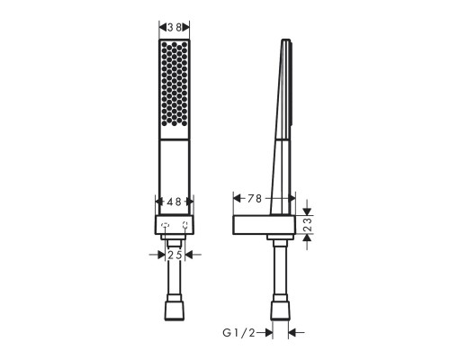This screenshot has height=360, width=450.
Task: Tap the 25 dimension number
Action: click(175, 255)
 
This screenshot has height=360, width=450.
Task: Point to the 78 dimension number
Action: click(255, 198)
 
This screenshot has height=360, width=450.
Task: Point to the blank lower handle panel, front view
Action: click(175, 175)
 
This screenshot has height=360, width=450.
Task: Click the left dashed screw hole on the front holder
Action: click(164, 225)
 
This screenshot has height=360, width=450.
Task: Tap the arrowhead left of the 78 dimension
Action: click(236, 198)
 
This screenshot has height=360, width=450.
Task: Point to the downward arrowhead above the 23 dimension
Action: click(306, 212)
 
